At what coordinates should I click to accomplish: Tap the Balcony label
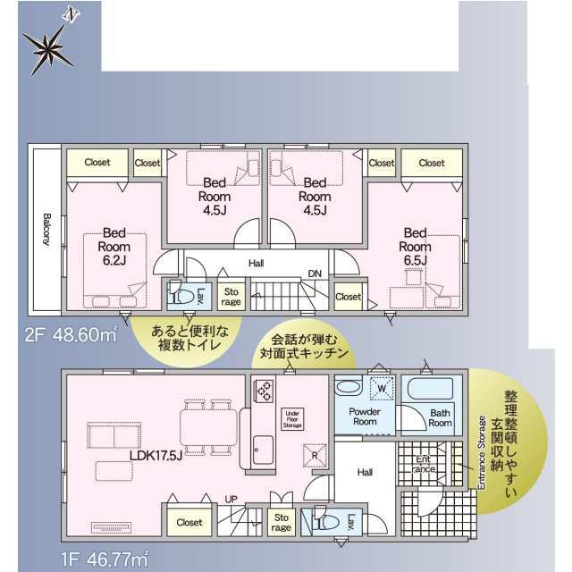(x=47, y=230)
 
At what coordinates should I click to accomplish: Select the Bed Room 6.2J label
(x=114, y=247)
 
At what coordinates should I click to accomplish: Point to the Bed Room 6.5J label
(x=415, y=247)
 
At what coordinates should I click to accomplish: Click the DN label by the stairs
(x=315, y=273)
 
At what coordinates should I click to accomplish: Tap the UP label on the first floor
(x=231, y=499)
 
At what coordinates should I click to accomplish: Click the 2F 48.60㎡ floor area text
(x=71, y=334)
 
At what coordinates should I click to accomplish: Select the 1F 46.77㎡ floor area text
(x=105, y=560)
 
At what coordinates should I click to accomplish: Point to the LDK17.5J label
(x=156, y=456)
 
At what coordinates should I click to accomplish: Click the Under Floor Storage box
(x=292, y=419)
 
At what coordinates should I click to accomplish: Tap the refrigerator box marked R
(x=315, y=455)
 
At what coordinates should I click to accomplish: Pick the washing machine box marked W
(x=382, y=388)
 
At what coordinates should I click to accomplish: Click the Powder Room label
(x=365, y=416)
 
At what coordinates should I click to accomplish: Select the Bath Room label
(x=440, y=418)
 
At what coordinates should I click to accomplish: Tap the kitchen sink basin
(x=264, y=450)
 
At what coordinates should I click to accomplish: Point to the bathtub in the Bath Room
(x=430, y=390)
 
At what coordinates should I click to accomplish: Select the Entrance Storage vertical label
(x=482, y=453)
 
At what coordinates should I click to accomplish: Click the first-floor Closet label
(x=189, y=522)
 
